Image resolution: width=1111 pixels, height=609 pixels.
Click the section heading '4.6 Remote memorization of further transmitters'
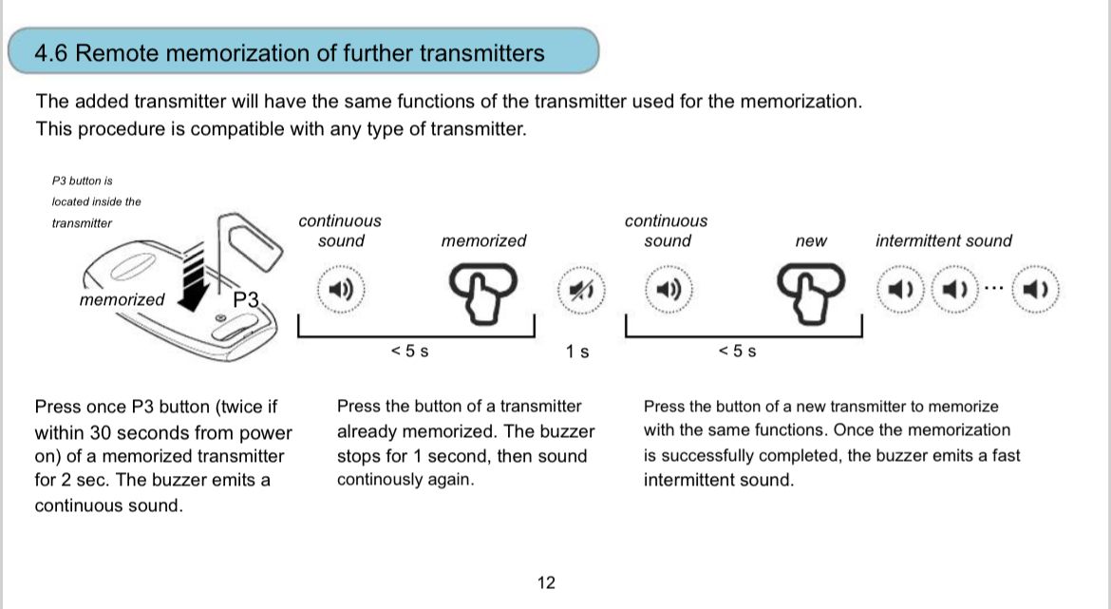(x=289, y=53)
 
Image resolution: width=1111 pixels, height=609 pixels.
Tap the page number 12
(x=546, y=582)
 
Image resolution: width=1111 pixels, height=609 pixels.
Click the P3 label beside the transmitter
(x=246, y=298)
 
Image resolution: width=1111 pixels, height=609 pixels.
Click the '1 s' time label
(x=576, y=352)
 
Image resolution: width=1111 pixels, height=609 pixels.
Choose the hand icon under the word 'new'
(x=810, y=287)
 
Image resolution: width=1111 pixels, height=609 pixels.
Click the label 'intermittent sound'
(x=943, y=241)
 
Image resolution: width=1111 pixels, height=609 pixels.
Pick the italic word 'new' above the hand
(x=810, y=241)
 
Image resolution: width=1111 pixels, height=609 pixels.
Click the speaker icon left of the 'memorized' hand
(x=339, y=289)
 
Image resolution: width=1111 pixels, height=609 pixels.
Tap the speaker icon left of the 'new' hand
(x=668, y=289)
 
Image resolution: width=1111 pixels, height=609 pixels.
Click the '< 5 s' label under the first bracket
(x=409, y=352)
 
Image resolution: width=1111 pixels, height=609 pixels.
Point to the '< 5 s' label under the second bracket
(x=737, y=352)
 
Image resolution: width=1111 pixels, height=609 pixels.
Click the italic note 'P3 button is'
(x=83, y=180)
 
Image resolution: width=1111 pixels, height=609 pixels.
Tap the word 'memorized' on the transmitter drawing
(x=122, y=300)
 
